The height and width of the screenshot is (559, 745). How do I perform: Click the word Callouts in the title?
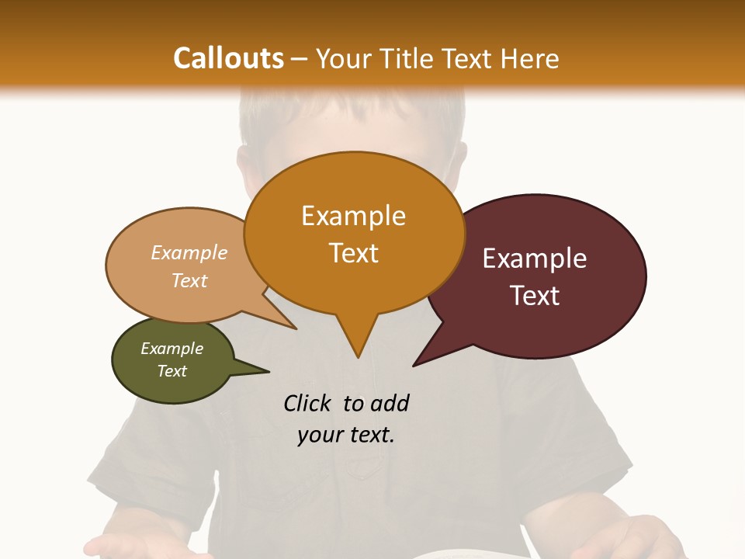[x=228, y=58]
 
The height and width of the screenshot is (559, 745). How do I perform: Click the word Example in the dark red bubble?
[x=535, y=259]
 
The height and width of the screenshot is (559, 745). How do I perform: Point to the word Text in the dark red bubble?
[x=535, y=296]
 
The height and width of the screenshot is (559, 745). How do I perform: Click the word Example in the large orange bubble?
[x=353, y=216]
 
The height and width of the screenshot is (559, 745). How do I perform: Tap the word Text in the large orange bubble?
[x=353, y=253]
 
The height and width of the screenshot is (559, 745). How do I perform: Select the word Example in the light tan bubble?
[x=189, y=253]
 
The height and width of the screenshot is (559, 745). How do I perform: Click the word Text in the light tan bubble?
[x=189, y=280]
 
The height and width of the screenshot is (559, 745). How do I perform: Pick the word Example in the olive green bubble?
[x=172, y=349]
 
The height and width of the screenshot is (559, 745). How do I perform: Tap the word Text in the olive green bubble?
[x=172, y=371]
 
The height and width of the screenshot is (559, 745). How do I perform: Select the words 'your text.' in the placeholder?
[x=346, y=436]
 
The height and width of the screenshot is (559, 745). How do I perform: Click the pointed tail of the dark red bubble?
[x=416, y=363]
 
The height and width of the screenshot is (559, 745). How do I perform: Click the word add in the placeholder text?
[x=390, y=403]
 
